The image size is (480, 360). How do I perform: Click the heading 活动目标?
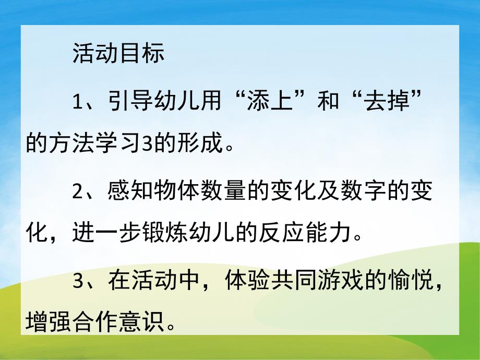click(118, 54)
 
